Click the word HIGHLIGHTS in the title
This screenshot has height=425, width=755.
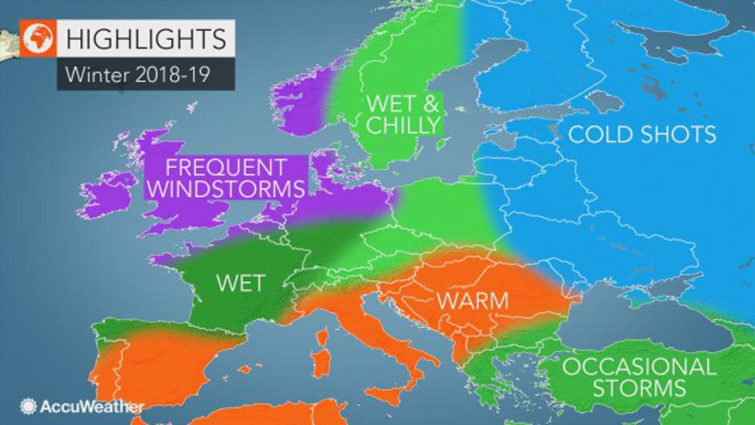144,39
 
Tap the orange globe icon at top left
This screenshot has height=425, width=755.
36,39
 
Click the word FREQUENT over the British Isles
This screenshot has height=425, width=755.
226,168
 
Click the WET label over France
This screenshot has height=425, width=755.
240,284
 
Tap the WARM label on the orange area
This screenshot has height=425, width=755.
472,300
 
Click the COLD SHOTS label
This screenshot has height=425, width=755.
642,133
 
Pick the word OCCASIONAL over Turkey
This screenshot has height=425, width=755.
639,368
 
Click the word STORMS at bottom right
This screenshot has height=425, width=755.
639,390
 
